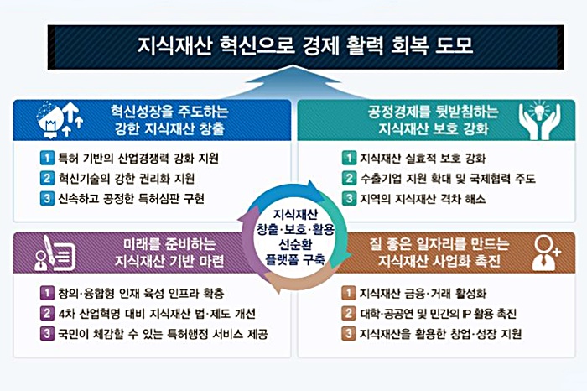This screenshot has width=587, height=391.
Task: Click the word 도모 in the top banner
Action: point(455,45)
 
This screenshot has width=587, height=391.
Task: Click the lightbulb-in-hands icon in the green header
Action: point(539,120)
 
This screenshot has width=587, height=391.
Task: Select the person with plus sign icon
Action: point(545,253)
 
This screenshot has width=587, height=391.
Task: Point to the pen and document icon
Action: point(55,253)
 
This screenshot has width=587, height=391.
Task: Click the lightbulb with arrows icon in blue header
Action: point(60,119)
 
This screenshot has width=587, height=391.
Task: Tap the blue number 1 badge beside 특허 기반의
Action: point(47,158)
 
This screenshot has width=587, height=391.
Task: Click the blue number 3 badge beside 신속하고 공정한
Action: point(47,199)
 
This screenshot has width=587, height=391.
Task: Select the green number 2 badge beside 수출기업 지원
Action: point(349,178)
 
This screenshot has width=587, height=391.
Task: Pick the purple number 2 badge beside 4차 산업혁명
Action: point(47,313)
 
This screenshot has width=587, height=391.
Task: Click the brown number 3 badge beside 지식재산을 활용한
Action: point(349,333)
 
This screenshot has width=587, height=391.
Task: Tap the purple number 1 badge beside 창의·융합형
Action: point(47,293)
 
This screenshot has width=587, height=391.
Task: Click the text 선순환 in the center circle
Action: point(294,244)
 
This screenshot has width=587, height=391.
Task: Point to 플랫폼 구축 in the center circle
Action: point(294,260)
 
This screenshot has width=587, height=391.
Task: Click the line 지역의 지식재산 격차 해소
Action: point(423,199)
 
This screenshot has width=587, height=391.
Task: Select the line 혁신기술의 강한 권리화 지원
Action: point(127,178)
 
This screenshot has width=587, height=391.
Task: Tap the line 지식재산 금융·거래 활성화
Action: point(423,293)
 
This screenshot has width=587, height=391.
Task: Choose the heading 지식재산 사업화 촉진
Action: point(439,261)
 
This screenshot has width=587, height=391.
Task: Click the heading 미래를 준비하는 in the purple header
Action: point(169,244)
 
